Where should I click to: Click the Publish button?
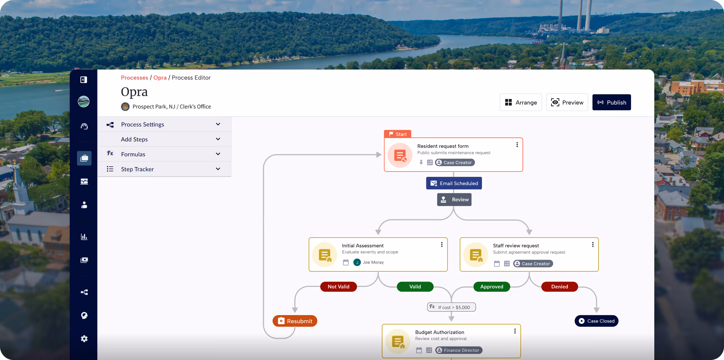pyautogui.click(x=612, y=102)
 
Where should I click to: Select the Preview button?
pyautogui.click(x=567, y=102)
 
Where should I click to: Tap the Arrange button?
pyautogui.click(x=521, y=102)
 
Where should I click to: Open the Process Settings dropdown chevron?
pyautogui.click(x=218, y=124)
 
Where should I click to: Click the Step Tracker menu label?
pyautogui.click(x=137, y=169)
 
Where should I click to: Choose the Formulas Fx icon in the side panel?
pyautogui.click(x=110, y=153)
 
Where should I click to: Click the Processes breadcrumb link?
pyautogui.click(x=134, y=78)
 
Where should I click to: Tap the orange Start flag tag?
pyautogui.click(x=397, y=134)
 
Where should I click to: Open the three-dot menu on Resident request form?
pyautogui.click(x=517, y=145)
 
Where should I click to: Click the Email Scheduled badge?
pyautogui.click(x=454, y=183)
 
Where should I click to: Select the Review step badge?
pyautogui.click(x=454, y=200)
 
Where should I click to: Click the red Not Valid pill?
pyautogui.click(x=338, y=287)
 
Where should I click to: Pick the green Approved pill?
pyautogui.click(x=492, y=287)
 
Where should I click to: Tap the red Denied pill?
pyautogui.click(x=560, y=287)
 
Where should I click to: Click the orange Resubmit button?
pyautogui.click(x=295, y=321)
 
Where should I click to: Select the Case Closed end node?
pyautogui.click(x=596, y=321)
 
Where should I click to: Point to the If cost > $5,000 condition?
pyautogui.click(x=451, y=307)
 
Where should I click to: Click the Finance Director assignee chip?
pyautogui.click(x=459, y=350)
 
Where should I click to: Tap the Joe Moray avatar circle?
pyautogui.click(x=357, y=262)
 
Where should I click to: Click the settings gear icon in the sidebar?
pyautogui.click(x=84, y=339)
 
